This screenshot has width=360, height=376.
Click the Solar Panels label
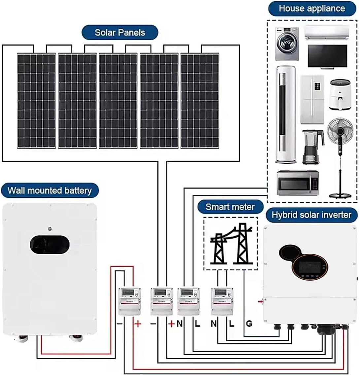coord(120,33)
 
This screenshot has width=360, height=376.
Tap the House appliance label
coord(311,9)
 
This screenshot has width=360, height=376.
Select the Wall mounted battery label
coord(49,190)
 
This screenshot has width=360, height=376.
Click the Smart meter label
coord(230,207)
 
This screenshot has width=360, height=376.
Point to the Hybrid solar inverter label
coord(311,215)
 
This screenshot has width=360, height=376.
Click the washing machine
coord(287,44)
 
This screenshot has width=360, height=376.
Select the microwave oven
coord(298,183)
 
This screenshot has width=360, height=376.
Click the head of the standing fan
coord(340,131)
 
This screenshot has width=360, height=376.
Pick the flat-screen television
coord(327,56)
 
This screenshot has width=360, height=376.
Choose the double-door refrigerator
coord(312,99)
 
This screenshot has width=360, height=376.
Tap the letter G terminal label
coord(249,324)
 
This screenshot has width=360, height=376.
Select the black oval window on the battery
coord(49,245)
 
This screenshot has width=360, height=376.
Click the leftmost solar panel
coord(36,101)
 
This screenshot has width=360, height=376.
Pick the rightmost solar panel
coord(200,101)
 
